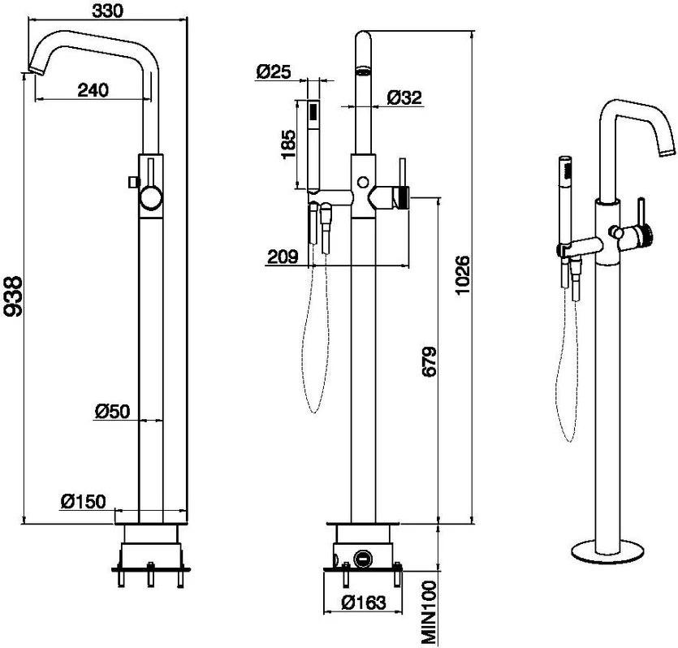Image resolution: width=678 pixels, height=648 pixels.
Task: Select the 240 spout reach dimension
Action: (x=93, y=90)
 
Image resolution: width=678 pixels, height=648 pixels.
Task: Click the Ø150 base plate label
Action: (x=83, y=502)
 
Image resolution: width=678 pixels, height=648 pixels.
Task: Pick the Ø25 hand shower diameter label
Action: (x=273, y=72)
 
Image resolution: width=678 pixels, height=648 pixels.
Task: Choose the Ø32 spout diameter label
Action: (x=404, y=97)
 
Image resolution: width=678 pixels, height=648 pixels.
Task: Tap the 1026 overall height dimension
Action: (x=463, y=276)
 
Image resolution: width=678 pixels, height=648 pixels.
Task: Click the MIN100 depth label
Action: (x=430, y=607)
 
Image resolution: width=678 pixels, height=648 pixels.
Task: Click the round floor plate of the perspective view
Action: (x=611, y=552)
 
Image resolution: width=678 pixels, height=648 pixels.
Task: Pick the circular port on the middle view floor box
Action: (x=362, y=559)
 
